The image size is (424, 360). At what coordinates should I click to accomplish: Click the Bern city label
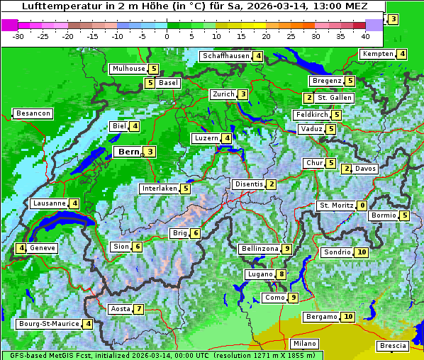[x=128, y=152]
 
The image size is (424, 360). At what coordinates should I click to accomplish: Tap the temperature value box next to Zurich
[x=242, y=94]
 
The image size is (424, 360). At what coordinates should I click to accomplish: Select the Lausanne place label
[x=49, y=203]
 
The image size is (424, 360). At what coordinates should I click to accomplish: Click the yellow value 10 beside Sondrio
[x=362, y=252]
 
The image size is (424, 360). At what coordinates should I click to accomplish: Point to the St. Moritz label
[x=336, y=206]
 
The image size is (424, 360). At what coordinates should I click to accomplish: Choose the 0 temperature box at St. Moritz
[x=362, y=206]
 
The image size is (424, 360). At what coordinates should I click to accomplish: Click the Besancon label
[x=33, y=113]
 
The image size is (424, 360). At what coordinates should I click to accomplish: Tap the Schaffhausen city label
[x=225, y=56]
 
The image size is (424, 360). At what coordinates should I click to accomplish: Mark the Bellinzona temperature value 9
[x=286, y=249]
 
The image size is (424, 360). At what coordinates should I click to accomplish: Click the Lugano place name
[x=260, y=274]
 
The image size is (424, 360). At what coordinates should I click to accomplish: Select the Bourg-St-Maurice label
[x=48, y=324]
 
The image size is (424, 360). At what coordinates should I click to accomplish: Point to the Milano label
[x=305, y=344]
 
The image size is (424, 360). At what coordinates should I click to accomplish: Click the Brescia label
[x=393, y=346]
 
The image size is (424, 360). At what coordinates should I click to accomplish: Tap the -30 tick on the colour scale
[x=19, y=35]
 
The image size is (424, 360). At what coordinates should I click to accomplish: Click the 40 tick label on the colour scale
[x=365, y=35]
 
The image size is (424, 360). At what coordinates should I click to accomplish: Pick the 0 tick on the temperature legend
[x=167, y=35]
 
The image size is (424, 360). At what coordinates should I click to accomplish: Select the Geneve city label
[x=42, y=248]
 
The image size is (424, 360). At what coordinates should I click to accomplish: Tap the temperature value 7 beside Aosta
[x=139, y=309]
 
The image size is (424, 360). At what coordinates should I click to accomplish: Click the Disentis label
[x=249, y=184]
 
